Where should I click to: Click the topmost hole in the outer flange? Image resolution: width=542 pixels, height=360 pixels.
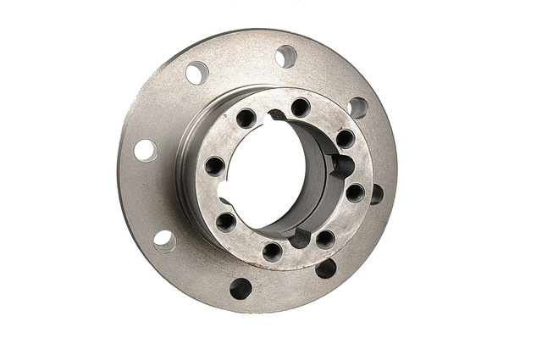[x=285, y=57]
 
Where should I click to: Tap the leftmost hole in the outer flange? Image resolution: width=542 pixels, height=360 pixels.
[x=146, y=150]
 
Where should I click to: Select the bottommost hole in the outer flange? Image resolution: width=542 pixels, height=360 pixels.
[x=241, y=289]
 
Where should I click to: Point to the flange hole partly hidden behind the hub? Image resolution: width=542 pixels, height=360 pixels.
[x=375, y=194]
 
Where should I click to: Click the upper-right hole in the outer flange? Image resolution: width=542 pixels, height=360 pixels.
[x=357, y=108]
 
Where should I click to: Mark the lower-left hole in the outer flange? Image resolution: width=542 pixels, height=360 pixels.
[x=164, y=241]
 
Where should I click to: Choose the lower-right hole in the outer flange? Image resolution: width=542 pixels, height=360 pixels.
[x=325, y=269]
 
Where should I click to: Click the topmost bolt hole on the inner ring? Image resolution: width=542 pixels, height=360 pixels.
[x=300, y=108]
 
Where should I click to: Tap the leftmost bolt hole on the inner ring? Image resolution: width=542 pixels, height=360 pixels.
[x=215, y=165]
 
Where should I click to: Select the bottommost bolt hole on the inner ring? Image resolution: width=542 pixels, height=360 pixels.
[x=272, y=252]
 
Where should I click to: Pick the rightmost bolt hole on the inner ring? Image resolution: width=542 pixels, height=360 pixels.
[x=355, y=192]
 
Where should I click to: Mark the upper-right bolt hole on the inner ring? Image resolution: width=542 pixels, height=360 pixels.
[x=345, y=138]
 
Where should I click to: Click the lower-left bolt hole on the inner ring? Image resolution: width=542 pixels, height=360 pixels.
[x=225, y=222]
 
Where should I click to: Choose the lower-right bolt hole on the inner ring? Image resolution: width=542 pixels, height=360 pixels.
[x=324, y=239]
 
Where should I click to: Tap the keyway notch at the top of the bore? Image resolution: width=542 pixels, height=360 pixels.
[x=276, y=116]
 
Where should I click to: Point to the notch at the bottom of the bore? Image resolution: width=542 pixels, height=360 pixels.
[x=298, y=239]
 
